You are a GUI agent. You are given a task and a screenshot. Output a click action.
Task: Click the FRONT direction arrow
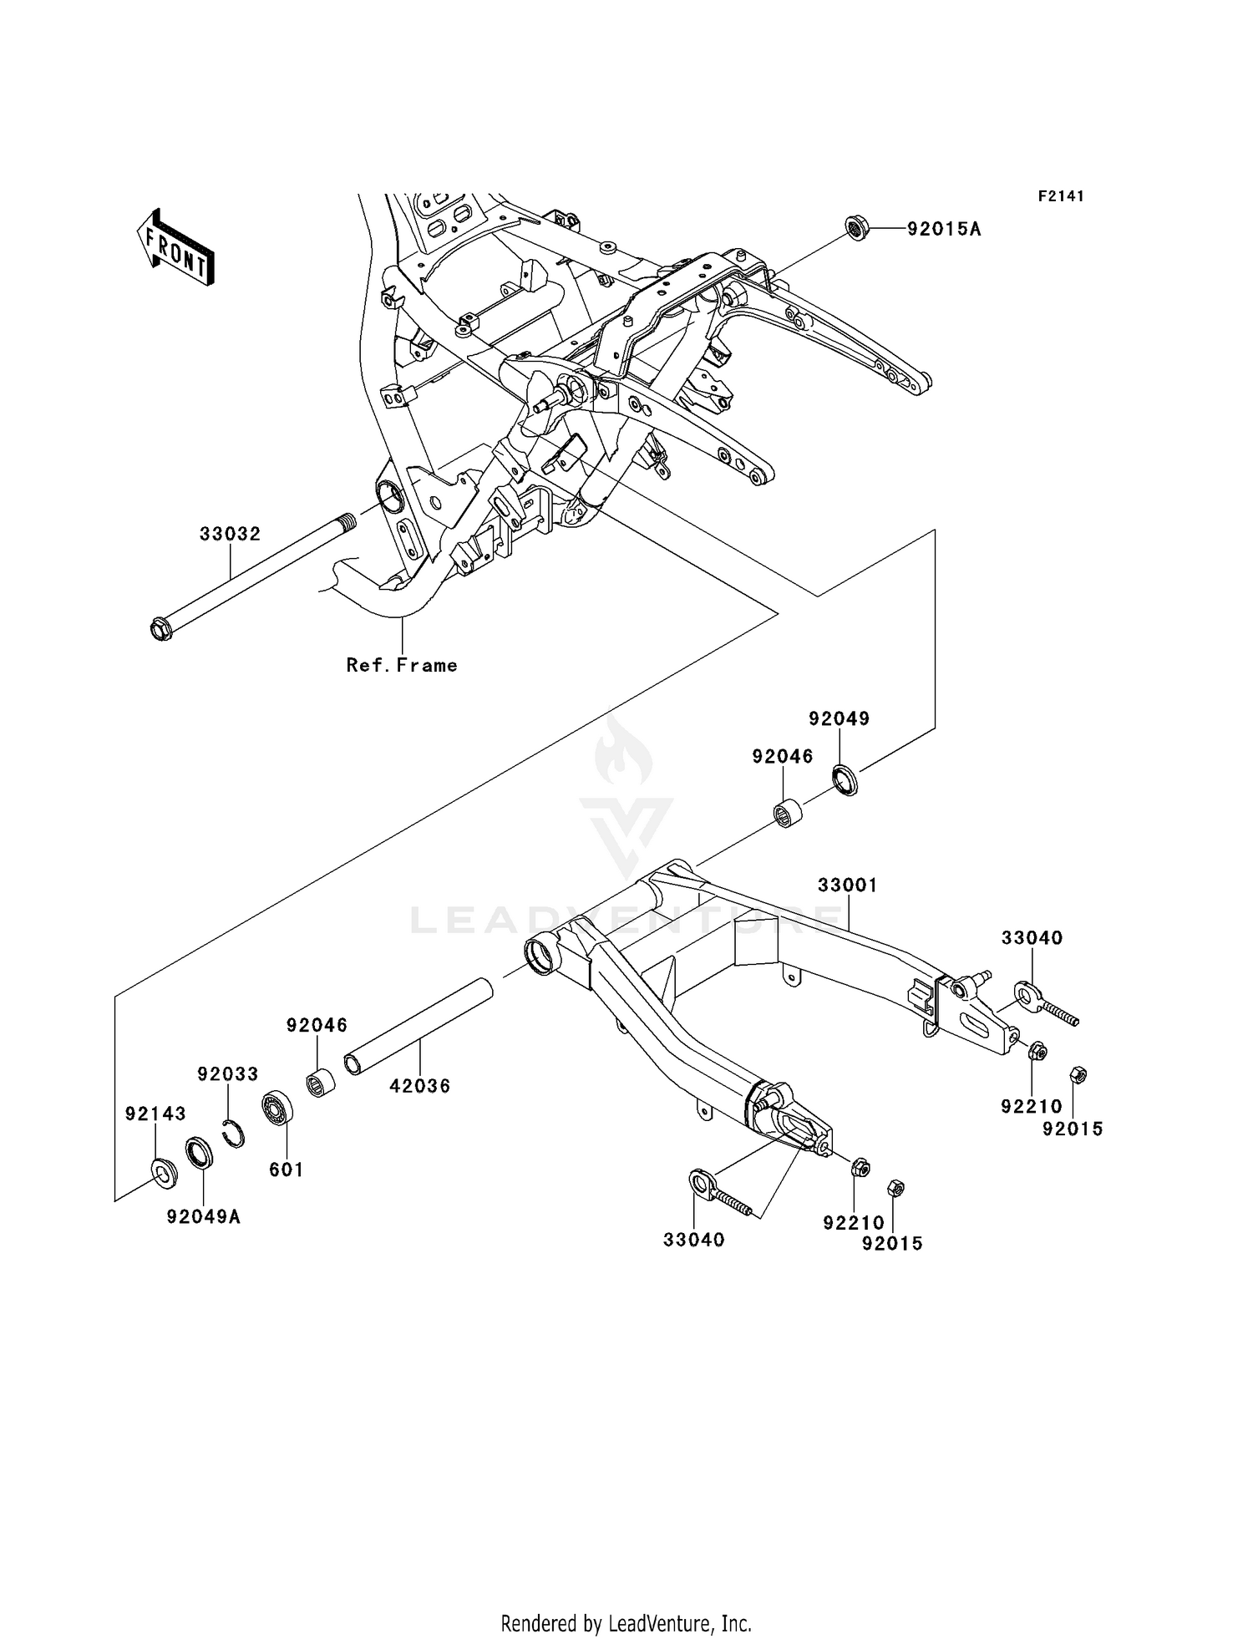click(176, 248)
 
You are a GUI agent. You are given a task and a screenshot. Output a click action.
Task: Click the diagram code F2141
click(1061, 196)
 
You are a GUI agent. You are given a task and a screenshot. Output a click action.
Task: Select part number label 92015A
click(944, 229)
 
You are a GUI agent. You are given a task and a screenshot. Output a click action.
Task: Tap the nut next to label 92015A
click(855, 226)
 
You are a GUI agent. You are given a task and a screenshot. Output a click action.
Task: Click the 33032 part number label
click(230, 534)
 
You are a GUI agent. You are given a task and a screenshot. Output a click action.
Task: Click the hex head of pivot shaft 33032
click(160, 628)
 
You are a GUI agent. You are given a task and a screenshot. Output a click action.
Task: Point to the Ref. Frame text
click(402, 666)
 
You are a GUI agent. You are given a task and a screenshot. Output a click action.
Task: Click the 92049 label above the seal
click(839, 718)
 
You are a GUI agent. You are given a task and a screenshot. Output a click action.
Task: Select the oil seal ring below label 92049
click(845, 779)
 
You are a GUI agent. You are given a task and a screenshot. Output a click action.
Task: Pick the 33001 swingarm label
click(847, 885)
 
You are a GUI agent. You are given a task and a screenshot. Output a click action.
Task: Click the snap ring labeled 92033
click(236, 1134)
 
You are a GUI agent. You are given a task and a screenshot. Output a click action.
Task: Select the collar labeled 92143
click(163, 1173)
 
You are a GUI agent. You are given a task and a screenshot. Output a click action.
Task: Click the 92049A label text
click(203, 1217)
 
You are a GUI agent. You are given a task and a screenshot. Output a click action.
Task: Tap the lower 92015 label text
click(892, 1244)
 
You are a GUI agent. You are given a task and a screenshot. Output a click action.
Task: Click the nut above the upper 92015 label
click(1078, 1075)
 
